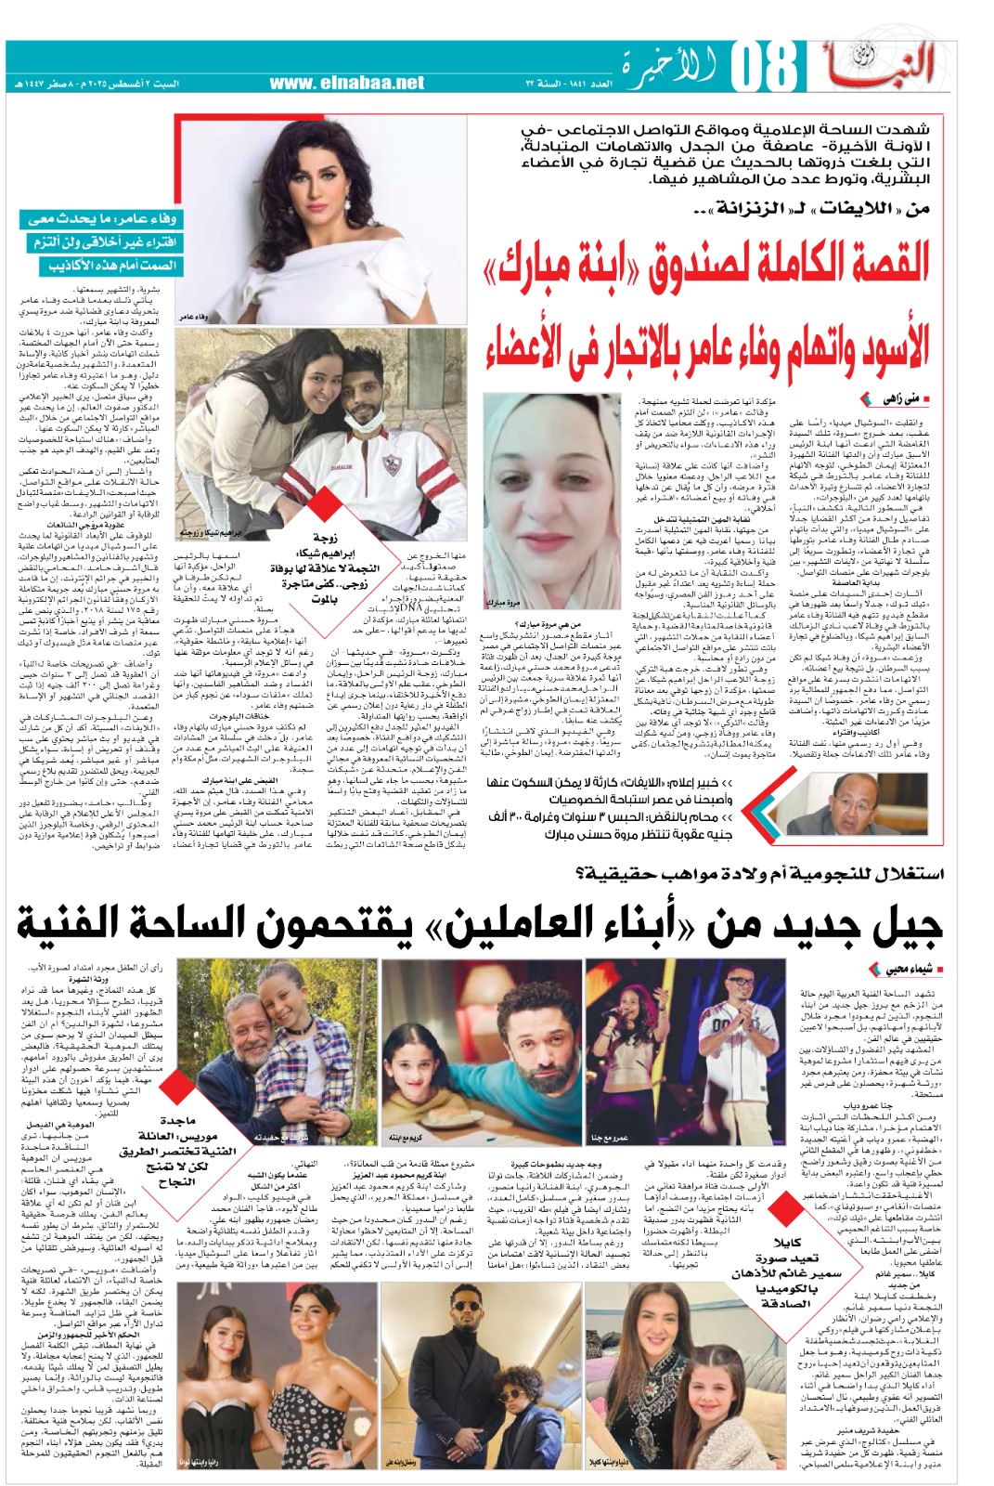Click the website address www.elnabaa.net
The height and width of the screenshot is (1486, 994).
[x=347, y=84]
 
